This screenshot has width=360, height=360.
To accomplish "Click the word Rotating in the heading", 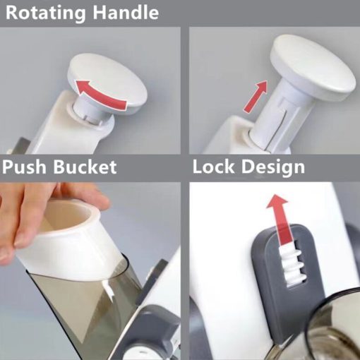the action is (x=45, y=13).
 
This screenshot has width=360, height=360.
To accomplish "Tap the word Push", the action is (x=24, y=167).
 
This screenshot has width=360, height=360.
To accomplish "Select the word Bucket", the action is (x=85, y=167).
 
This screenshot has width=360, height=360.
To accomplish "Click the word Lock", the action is (x=213, y=167).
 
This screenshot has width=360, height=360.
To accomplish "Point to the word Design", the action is (x=273, y=168).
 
